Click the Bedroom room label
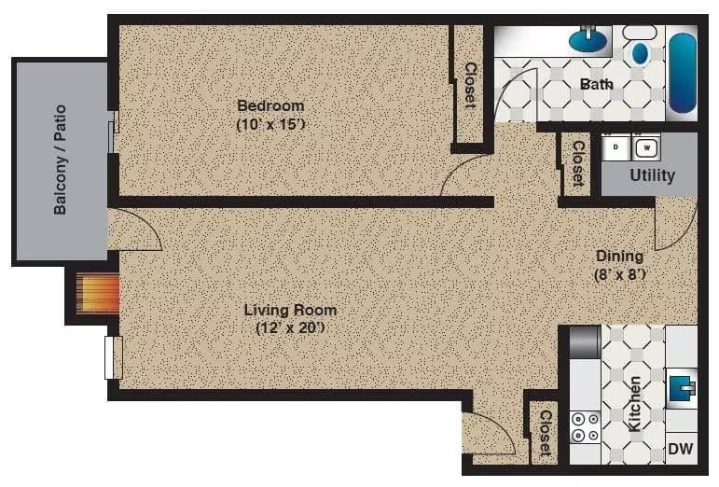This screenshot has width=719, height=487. point(270,105)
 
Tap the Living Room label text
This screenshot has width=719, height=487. point(290,310)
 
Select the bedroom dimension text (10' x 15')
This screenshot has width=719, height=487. point(270,124)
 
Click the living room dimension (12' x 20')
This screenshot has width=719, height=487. point(290,328)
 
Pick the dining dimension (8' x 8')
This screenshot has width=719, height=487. point(620,275)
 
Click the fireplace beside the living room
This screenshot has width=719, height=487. point(98,294)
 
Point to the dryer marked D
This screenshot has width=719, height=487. point(616,146)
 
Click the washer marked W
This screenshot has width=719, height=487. point(646,146)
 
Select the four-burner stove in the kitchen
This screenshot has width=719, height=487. point(587,427)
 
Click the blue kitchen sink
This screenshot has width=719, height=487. point(683,385)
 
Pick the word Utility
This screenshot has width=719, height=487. point(652,174)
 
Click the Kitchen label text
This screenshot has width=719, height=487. point(634,404)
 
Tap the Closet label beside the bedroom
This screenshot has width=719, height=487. point(471,85)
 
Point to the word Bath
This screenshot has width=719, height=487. point(597,84)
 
